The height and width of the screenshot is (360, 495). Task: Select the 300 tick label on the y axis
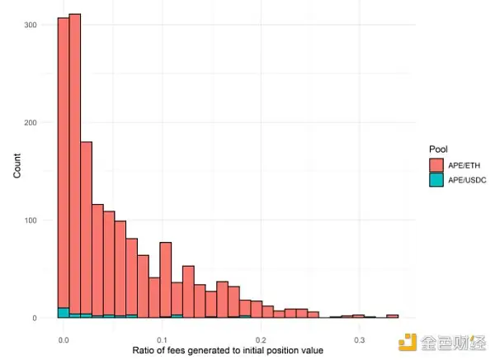(31, 25)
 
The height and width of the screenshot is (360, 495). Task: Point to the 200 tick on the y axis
(31, 123)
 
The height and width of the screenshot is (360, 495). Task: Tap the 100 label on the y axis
(31, 220)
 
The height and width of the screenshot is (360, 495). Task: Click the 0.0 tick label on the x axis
(64, 339)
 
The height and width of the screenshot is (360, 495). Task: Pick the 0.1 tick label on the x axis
(162, 339)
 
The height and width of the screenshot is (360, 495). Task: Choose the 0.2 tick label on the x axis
(261, 339)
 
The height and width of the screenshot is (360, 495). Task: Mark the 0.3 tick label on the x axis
(359, 339)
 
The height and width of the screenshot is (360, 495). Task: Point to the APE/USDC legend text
(468, 179)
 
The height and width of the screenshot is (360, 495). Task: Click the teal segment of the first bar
(63, 313)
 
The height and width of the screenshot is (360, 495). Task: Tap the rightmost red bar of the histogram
(393, 315)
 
